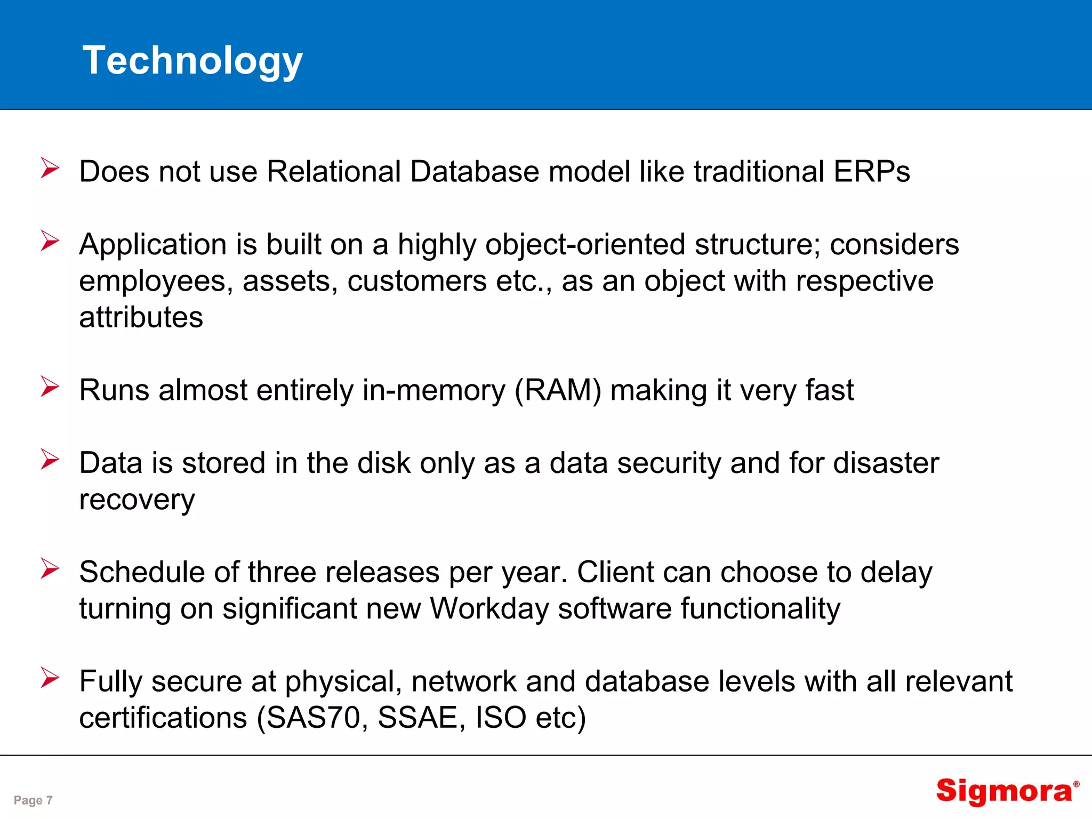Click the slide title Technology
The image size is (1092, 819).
(192, 61)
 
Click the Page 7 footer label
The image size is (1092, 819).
(33, 800)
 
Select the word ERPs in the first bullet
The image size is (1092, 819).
(871, 172)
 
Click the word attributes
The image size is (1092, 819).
(141, 318)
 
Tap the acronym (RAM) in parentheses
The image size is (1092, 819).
(558, 390)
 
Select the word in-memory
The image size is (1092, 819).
(433, 390)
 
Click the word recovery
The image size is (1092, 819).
(137, 500)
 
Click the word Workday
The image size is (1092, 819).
(489, 609)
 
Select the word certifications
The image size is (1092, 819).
(163, 718)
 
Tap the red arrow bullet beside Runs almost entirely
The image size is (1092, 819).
(50, 387)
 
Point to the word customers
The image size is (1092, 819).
(417, 282)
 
